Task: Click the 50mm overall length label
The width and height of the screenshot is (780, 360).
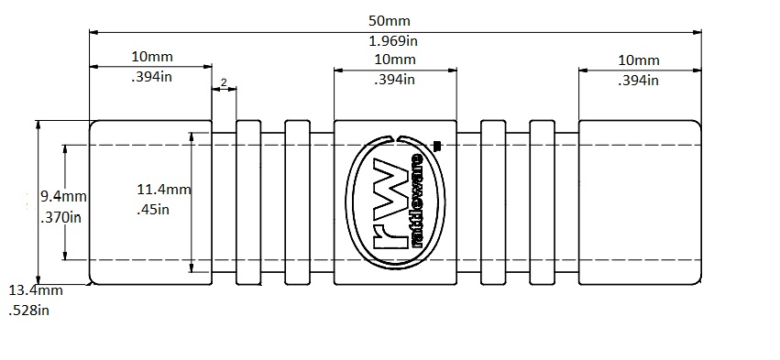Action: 390,21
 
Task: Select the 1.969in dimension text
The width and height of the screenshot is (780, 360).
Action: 393,41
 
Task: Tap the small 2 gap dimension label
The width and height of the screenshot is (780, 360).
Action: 224,82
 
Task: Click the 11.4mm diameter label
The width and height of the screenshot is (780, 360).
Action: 164,189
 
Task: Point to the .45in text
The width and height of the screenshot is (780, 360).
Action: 153,210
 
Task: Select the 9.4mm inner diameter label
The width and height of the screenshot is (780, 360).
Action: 63,197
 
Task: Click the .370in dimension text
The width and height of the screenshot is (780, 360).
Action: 60,217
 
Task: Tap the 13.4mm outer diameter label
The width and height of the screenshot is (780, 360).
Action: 36,289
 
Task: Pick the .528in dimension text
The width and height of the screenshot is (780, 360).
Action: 28,311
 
